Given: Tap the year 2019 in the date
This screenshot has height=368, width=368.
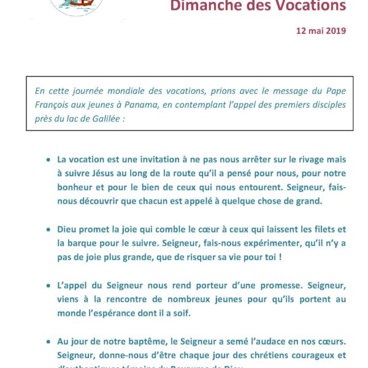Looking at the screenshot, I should (x=334, y=29).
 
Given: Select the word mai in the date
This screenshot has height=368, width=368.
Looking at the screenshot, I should (x=314, y=29).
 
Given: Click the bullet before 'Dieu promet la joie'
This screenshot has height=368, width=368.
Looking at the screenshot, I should (x=48, y=230).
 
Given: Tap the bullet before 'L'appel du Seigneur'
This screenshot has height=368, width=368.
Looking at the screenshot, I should (x=48, y=286).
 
